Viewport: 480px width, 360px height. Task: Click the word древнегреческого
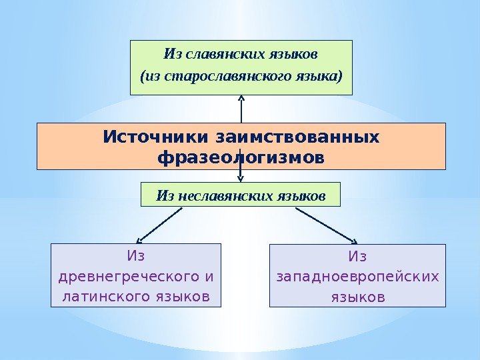pyautogui.click(x=129, y=275)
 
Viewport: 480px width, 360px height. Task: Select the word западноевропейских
pyautogui.click(x=357, y=275)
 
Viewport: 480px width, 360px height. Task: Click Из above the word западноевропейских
pyautogui.click(x=357, y=256)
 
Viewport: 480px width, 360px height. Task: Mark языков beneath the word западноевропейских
pyautogui.click(x=357, y=295)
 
